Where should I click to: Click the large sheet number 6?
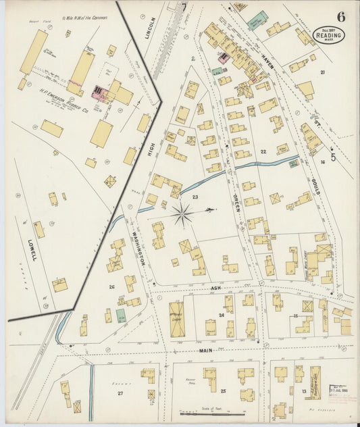tap(342, 16)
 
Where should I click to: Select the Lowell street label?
tap(32, 249)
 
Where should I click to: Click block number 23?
tap(195, 197)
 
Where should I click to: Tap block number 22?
tap(263, 151)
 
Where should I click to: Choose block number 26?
tap(111, 286)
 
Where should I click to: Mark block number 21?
tap(323, 72)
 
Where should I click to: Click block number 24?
tap(221, 315)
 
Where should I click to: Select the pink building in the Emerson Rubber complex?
tap(99, 94)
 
